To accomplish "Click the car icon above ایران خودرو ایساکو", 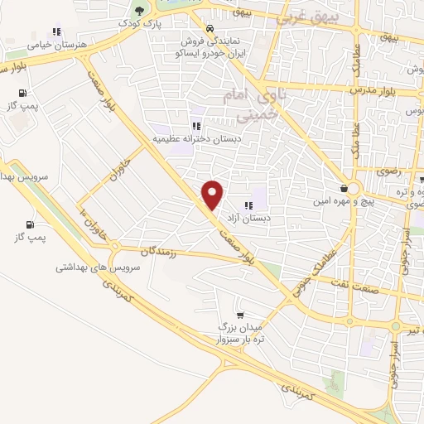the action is (x=195, y=25).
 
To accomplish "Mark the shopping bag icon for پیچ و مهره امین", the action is (x=343, y=189).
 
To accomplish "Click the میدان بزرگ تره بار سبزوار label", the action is (x=240, y=331).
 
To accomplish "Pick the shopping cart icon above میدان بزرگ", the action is (x=239, y=314).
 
